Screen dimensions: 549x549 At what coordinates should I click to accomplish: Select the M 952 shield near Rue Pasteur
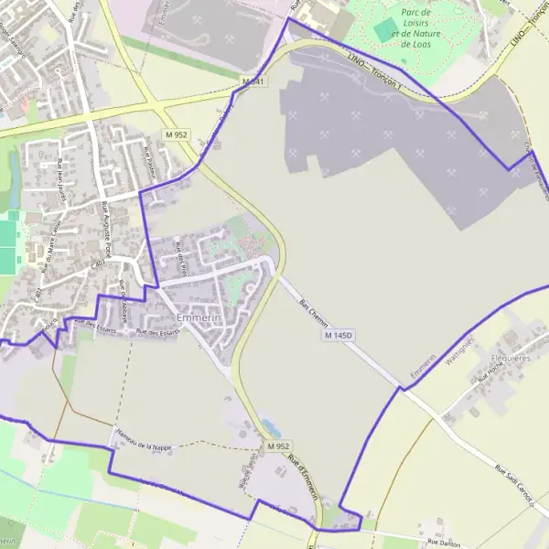177,135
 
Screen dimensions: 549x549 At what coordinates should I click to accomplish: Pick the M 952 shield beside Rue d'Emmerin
279,446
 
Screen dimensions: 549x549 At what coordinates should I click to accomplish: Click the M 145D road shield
338,337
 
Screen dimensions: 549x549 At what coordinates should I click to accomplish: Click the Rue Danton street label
444,543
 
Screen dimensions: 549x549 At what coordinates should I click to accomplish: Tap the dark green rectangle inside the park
383,29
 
